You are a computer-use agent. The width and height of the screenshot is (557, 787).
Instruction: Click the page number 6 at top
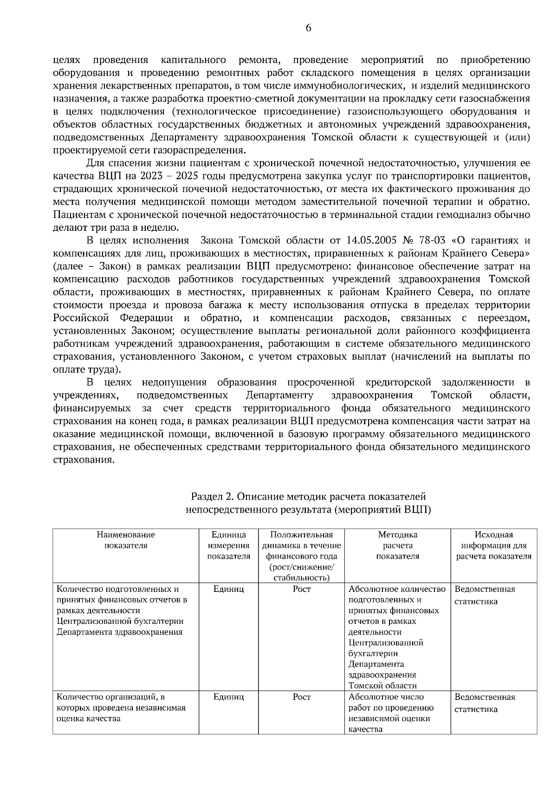pyautogui.click(x=308, y=28)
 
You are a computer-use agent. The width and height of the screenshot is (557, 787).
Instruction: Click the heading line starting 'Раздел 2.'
pyautogui.click(x=308, y=497)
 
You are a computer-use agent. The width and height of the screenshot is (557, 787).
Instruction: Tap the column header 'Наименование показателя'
pyautogui.click(x=126, y=540)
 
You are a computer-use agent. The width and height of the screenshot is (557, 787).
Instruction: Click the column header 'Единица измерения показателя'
pyautogui.click(x=228, y=546)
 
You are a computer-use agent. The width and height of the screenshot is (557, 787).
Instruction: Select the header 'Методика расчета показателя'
pyautogui.click(x=397, y=546)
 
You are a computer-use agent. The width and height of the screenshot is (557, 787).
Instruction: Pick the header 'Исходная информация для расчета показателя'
pyautogui.click(x=493, y=546)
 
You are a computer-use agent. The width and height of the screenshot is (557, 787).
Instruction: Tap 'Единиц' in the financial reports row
pyautogui.click(x=228, y=589)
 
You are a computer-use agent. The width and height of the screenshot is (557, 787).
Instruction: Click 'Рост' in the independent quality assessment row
pyautogui.click(x=301, y=697)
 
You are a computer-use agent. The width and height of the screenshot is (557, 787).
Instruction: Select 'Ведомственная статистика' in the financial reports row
pyautogui.click(x=485, y=595)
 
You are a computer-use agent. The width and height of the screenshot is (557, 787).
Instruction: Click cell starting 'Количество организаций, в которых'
pyautogui.click(x=121, y=708)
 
